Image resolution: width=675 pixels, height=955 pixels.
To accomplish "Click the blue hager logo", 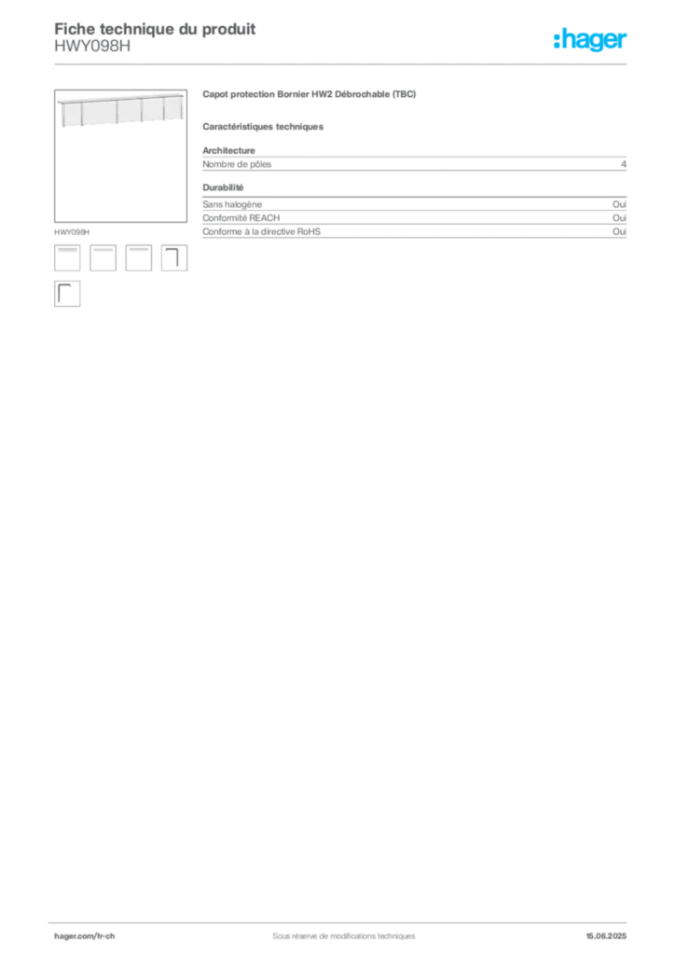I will click(x=592, y=41).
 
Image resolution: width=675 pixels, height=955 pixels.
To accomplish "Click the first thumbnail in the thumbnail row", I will click(x=68, y=256).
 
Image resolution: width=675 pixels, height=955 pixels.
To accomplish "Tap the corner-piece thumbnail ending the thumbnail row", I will click(x=175, y=256).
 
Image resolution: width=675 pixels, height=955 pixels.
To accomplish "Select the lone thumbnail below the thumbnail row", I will click(x=65, y=295).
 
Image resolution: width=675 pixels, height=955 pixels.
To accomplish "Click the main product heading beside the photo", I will click(x=309, y=94).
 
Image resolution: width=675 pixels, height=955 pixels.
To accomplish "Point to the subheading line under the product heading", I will click(x=265, y=127).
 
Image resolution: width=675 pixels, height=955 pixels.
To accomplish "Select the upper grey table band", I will click(x=416, y=164).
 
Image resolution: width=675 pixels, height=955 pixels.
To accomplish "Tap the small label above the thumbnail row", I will click(x=74, y=228).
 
